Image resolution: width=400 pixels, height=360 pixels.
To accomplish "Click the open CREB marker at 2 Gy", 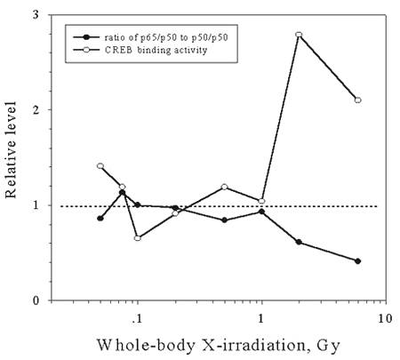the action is click(299, 35).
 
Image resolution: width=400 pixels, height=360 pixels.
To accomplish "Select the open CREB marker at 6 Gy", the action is click(358, 100).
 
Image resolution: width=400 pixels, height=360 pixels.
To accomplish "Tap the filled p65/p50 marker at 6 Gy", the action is click(358, 261).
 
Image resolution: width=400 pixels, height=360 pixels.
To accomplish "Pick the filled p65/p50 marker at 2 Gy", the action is click(299, 242).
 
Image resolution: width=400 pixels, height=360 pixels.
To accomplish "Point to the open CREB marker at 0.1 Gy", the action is click(138, 238).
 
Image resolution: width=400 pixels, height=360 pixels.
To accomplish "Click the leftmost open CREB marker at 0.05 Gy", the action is click(100, 166).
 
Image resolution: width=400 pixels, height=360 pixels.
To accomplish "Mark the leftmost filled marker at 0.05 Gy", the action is click(100, 219).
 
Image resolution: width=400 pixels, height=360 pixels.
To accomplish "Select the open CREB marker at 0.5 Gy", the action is click(224, 187).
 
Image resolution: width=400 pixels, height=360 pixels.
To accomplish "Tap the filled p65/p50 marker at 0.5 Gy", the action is click(224, 220).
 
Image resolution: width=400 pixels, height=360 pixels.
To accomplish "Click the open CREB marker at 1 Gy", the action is click(261, 201).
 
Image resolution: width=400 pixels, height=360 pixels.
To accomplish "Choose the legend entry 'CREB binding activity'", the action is click(156, 50).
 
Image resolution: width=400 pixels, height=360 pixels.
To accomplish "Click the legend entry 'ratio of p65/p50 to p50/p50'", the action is click(166, 37).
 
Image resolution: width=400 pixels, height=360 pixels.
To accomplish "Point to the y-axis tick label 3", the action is click(36, 15).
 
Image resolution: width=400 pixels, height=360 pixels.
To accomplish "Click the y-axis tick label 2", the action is click(36, 110).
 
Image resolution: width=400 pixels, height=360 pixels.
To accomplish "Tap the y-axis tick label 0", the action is click(36, 300).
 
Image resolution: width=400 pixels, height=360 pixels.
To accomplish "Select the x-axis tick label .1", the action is click(136, 319).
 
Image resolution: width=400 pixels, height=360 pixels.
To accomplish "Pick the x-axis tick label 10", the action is click(385, 319).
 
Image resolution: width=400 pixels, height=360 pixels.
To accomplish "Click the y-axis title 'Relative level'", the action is click(11, 149).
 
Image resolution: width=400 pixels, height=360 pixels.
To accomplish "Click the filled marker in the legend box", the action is click(86, 37).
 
